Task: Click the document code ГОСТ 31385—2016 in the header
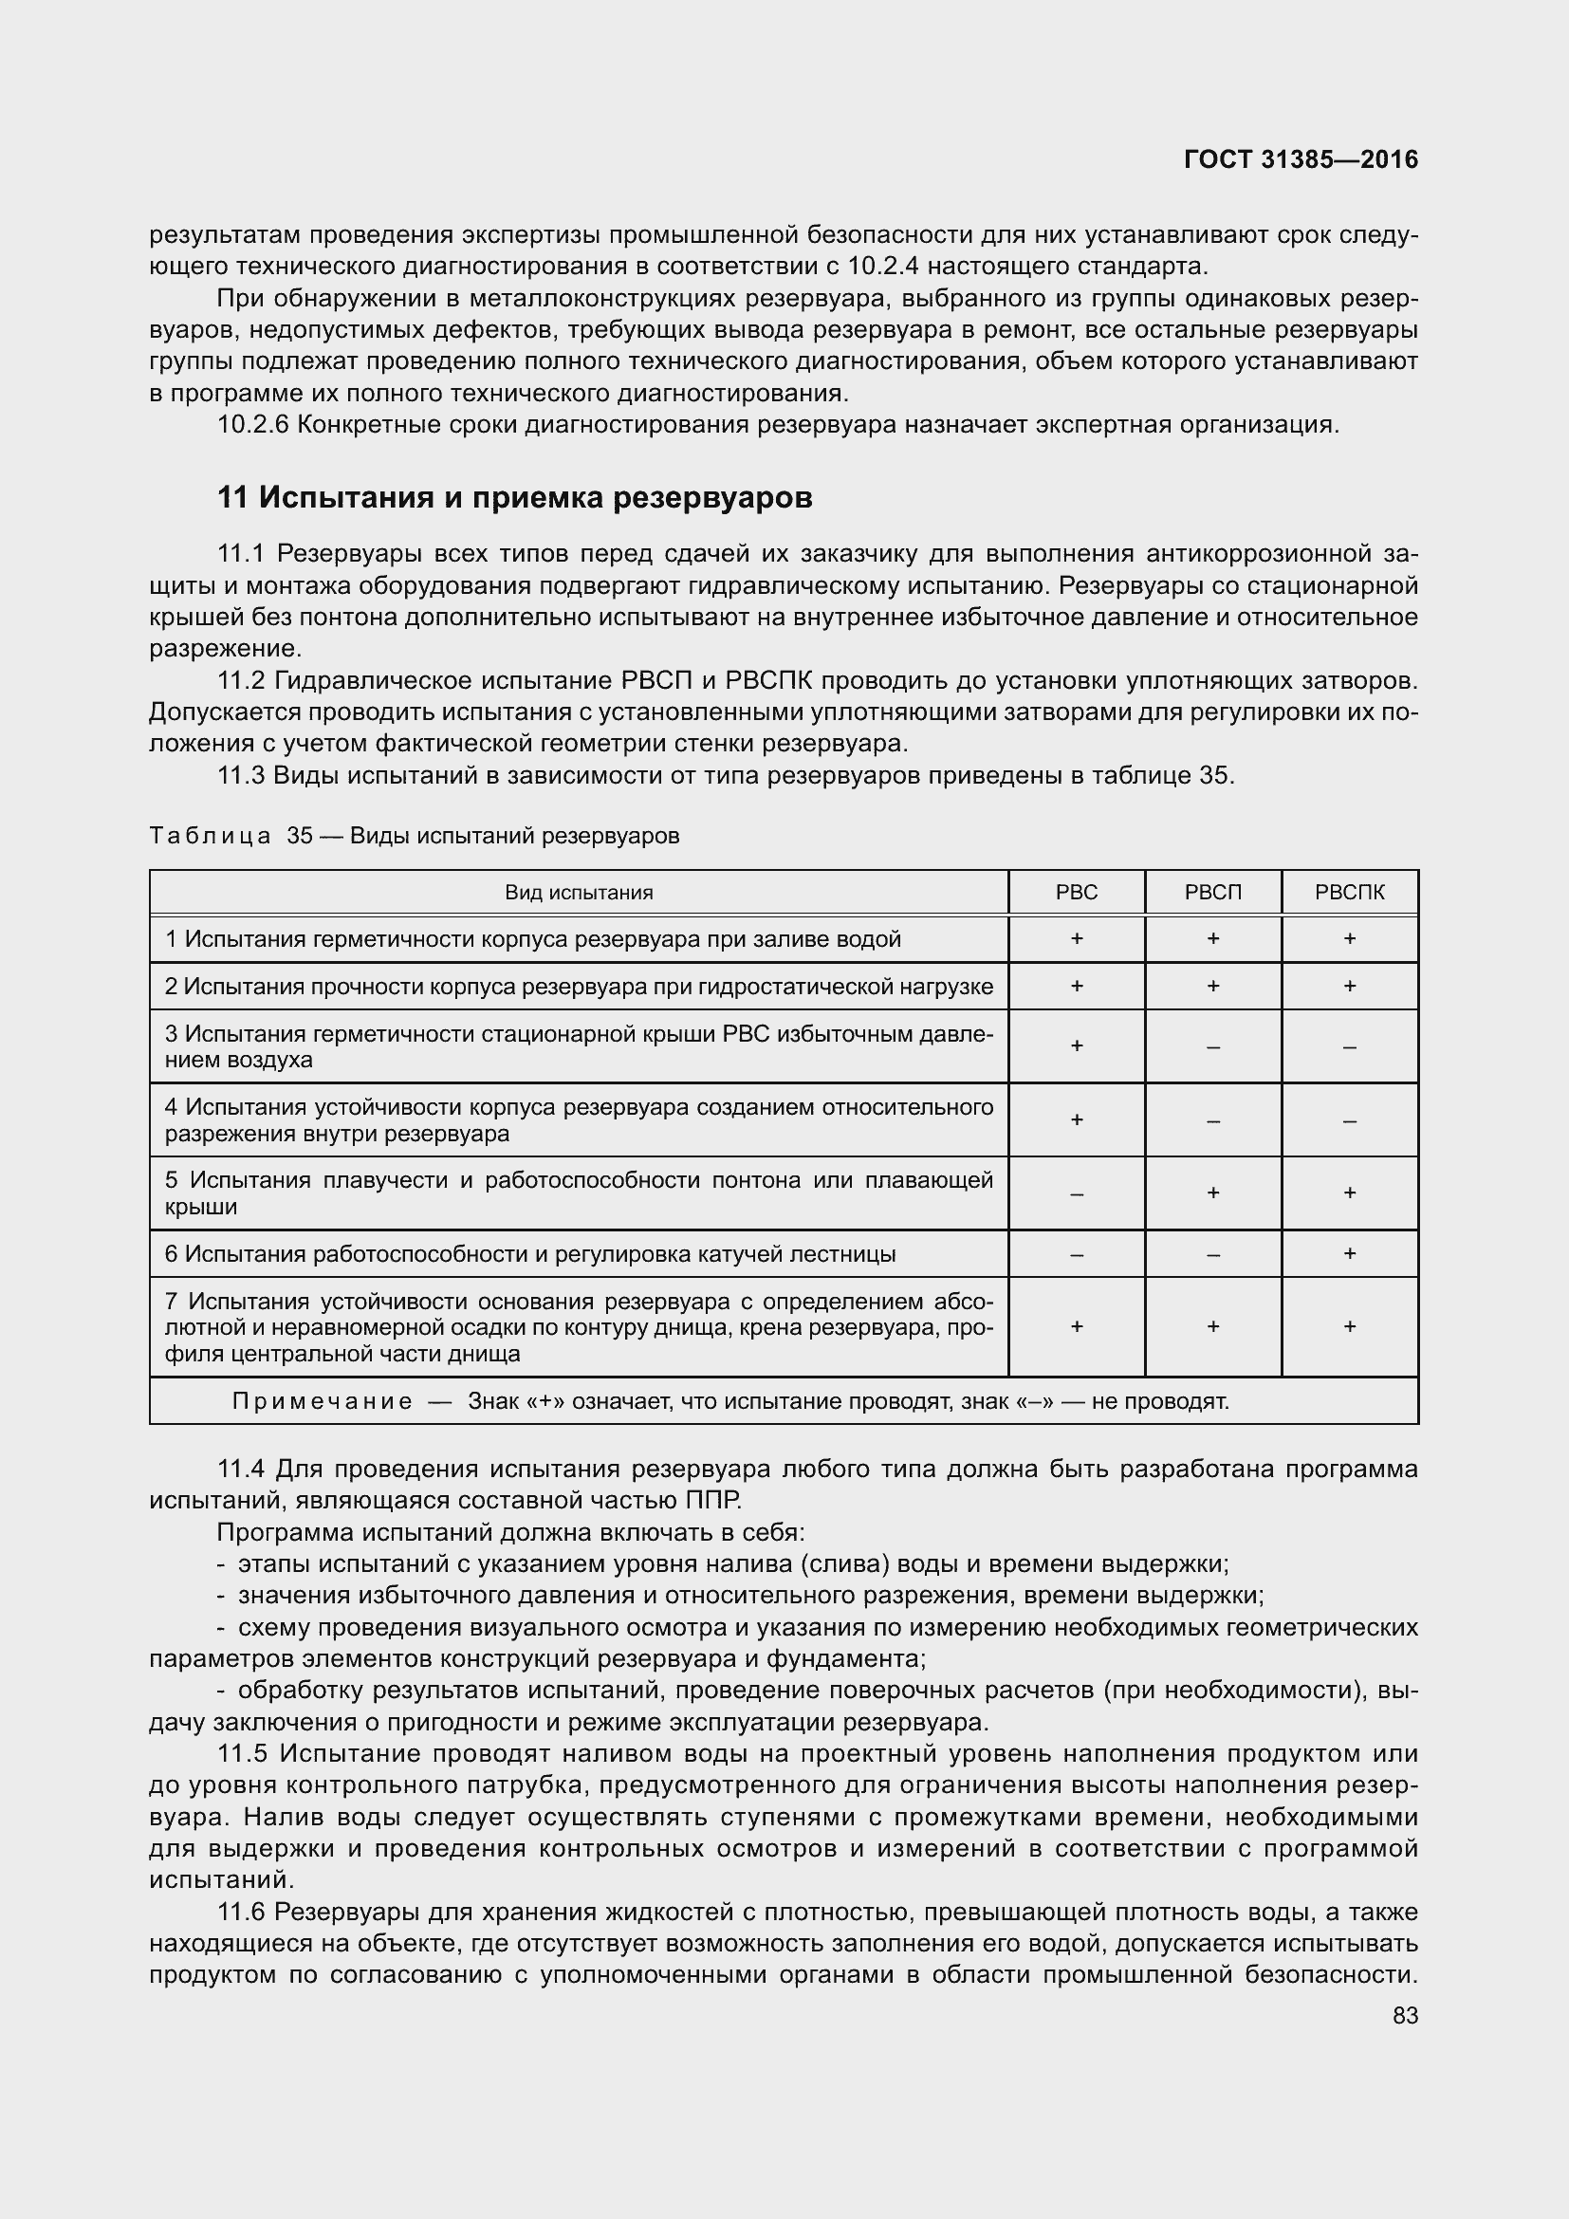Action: pyautogui.click(x=1301, y=159)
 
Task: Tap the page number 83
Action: pyautogui.click(x=1405, y=2015)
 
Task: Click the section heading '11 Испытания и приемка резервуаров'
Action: pyautogui.click(x=514, y=498)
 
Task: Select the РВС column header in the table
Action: pyautogui.click(x=1077, y=892)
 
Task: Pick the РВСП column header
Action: pyautogui.click(x=1212, y=892)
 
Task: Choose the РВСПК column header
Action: pyautogui.click(x=1349, y=892)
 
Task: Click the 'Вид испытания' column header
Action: pyautogui.click(x=579, y=892)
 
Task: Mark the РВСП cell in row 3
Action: pyautogui.click(x=1212, y=1046)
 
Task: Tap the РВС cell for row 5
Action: pyautogui.click(x=1077, y=1193)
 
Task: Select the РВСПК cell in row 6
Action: pyautogui.click(x=1349, y=1253)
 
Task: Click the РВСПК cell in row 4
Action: pyautogui.click(x=1349, y=1120)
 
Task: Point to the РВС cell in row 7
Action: pyautogui.click(x=1077, y=1327)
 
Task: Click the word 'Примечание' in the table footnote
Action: pyautogui.click(x=322, y=1401)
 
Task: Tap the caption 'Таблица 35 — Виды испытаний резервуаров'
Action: pyautogui.click(x=415, y=835)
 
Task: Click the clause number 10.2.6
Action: pyautogui.click(x=252, y=424)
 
